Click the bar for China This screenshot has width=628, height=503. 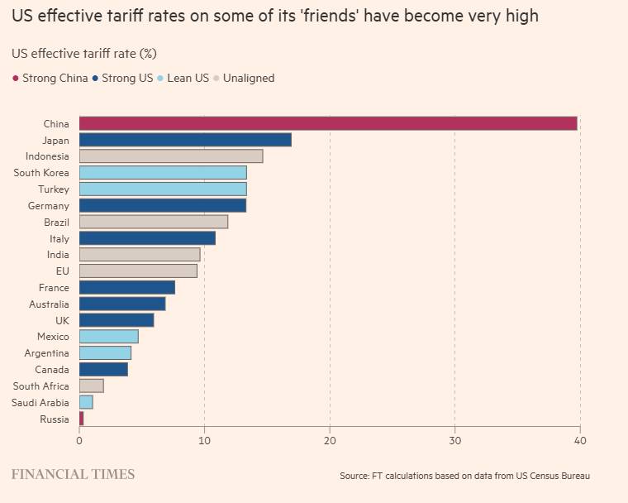(328, 123)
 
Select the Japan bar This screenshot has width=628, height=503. (185, 140)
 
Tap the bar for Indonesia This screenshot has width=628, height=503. (171, 156)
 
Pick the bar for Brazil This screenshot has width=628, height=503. (154, 222)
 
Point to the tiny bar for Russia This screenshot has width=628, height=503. (81, 419)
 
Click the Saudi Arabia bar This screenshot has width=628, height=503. (86, 402)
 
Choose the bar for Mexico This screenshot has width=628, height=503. (109, 337)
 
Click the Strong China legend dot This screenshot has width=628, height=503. (16, 79)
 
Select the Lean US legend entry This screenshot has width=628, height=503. (183, 79)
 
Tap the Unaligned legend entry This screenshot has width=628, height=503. (243, 79)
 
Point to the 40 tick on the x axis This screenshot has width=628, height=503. (579, 441)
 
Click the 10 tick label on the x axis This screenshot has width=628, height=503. (204, 441)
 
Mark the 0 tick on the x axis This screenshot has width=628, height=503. (79, 441)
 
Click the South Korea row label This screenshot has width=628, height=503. (41, 173)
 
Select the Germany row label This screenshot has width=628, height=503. (49, 205)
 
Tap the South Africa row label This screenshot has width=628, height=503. (41, 386)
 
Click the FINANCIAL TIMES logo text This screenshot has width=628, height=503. (73, 474)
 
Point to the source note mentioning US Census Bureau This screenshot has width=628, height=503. (464, 476)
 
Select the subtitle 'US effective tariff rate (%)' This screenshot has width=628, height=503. (84, 53)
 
